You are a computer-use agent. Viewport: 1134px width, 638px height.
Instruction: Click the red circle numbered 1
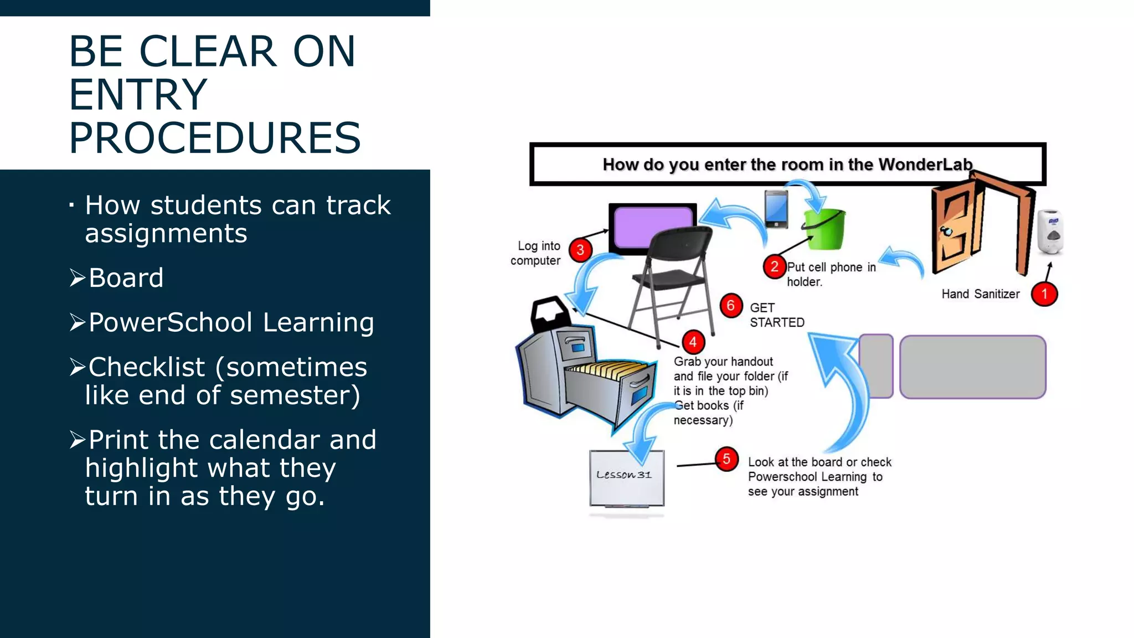(1044, 294)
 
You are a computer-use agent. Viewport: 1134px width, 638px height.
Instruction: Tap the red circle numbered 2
(774, 266)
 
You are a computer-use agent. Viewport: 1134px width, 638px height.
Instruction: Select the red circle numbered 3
(580, 250)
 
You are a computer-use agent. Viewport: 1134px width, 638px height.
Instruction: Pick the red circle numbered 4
(693, 342)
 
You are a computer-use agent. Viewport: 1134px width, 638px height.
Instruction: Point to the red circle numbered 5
(726, 459)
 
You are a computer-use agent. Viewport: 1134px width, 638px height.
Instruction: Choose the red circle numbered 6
(731, 305)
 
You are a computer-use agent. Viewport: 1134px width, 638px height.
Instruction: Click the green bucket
(826, 230)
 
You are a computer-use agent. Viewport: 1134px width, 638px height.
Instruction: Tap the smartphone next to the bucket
(776, 209)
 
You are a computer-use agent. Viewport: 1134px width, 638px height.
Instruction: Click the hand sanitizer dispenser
(1049, 231)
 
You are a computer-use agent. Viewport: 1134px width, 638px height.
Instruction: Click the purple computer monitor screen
(653, 227)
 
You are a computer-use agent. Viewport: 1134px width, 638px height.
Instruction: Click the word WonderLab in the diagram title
(925, 164)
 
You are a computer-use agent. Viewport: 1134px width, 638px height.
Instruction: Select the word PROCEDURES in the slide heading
(215, 138)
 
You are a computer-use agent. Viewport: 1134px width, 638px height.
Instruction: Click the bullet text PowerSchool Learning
(231, 322)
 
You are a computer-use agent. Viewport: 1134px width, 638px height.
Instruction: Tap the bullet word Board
(126, 277)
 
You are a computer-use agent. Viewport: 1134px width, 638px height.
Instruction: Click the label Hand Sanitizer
(980, 294)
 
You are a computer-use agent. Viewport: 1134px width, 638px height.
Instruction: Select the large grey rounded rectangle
(972, 367)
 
